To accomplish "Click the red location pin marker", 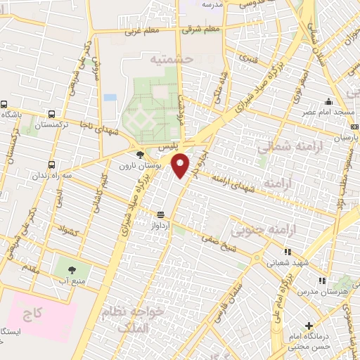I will click(x=181, y=165).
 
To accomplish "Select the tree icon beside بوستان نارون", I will click(x=140, y=155).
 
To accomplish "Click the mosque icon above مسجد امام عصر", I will click(x=328, y=101).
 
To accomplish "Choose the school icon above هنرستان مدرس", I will click(x=322, y=281).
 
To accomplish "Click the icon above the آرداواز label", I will click(x=161, y=214).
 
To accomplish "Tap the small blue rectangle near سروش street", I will click(x=110, y=97).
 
